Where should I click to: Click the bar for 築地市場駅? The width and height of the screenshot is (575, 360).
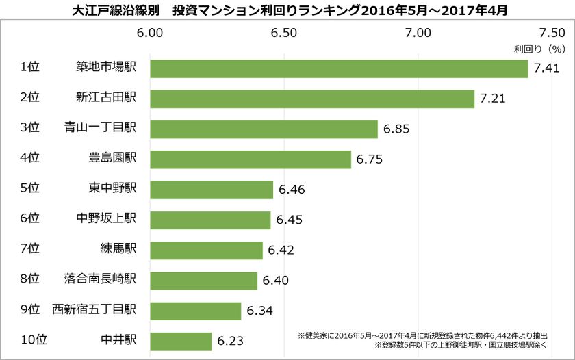[x=339, y=68]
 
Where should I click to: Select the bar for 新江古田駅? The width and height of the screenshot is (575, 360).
[x=312, y=99]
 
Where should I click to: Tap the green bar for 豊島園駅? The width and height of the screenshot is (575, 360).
[x=251, y=159]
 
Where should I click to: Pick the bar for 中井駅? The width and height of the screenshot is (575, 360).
[x=181, y=341]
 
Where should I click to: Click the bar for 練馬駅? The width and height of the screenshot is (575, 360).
[x=206, y=250]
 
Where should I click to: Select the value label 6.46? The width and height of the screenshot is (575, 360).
[x=292, y=190]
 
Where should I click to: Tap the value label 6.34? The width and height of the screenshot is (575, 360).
[x=259, y=311]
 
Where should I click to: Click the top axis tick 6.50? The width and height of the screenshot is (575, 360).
[x=283, y=33]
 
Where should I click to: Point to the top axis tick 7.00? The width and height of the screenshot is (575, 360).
[x=418, y=33]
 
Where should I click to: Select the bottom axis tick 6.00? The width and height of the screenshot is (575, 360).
[x=151, y=355]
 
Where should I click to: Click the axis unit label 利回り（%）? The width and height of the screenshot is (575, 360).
[x=539, y=49]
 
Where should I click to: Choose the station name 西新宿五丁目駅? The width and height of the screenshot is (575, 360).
[x=94, y=310]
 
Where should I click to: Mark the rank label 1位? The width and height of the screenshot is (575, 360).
[x=30, y=68]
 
